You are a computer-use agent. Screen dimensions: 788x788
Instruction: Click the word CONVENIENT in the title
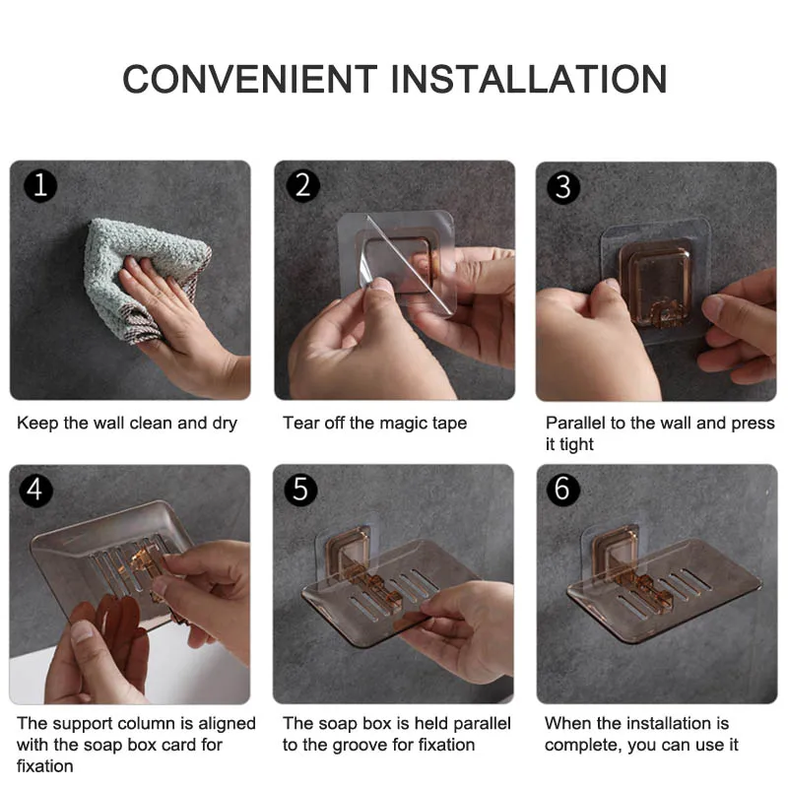click(x=250, y=80)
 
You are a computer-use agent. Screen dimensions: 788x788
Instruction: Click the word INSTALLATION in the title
click(x=529, y=80)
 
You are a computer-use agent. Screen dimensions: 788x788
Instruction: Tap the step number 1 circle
click(x=40, y=185)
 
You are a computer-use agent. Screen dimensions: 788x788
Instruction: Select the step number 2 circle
click(x=302, y=185)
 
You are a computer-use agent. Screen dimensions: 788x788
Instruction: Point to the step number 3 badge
click(x=563, y=187)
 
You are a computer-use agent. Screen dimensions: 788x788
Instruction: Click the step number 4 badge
click(x=35, y=490)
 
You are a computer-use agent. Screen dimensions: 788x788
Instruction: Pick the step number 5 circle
click(x=300, y=490)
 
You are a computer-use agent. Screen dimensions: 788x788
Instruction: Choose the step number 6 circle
click(x=562, y=489)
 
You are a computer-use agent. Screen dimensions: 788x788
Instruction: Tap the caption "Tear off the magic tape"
click(x=374, y=424)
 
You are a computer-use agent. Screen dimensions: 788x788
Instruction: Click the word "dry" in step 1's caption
click(x=225, y=424)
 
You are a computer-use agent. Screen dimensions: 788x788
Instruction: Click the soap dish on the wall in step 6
click(x=664, y=589)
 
